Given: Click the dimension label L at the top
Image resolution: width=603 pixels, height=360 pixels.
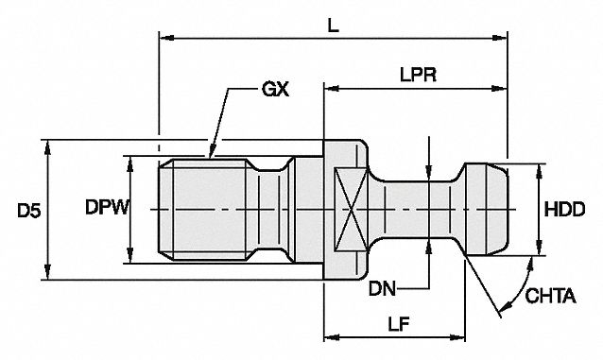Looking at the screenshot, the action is [x=333, y=26].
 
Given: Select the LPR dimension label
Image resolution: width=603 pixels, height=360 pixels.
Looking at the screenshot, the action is [x=418, y=75].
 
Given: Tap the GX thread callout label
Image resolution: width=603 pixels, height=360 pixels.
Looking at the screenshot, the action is [x=275, y=90].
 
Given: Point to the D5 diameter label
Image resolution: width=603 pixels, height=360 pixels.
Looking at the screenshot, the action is [x=29, y=211].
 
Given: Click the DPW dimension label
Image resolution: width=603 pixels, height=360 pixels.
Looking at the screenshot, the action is [x=107, y=208].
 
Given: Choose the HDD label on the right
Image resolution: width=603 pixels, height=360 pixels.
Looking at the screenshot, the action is [x=564, y=209].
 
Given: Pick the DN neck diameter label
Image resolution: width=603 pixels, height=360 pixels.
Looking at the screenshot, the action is [x=382, y=288].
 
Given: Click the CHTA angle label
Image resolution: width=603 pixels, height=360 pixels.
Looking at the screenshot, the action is [x=550, y=296].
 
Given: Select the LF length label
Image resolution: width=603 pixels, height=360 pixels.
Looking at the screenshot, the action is [x=398, y=325].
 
